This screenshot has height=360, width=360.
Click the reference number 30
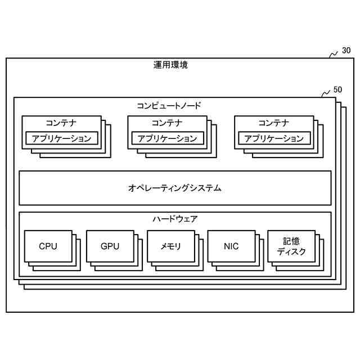[x=346, y=51]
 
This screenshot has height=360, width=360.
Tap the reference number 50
[x=337, y=89]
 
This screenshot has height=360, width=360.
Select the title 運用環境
[x=170, y=65]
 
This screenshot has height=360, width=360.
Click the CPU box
[x=48, y=246]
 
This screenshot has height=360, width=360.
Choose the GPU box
[x=110, y=246]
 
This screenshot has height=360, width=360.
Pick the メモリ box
[x=171, y=246]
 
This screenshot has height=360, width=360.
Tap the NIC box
[x=231, y=246]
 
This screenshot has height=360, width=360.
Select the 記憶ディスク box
[x=291, y=246]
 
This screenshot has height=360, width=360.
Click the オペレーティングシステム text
[x=174, y=188]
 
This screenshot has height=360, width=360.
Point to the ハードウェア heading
[x=175, y=219]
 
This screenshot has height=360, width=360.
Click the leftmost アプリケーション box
[x=62, y=138]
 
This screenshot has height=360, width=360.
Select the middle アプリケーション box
[x=168, y=138]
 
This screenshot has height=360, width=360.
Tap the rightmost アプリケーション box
[x=274, y=138]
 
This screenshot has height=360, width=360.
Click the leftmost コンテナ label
[x=61, y=123]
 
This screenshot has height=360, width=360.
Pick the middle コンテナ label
[x=167, y=123]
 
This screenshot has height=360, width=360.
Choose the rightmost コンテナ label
[x=273, y=123]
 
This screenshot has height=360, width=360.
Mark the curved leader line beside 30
[x=333, y=55]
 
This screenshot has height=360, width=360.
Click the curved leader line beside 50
[x=325, y=93]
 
